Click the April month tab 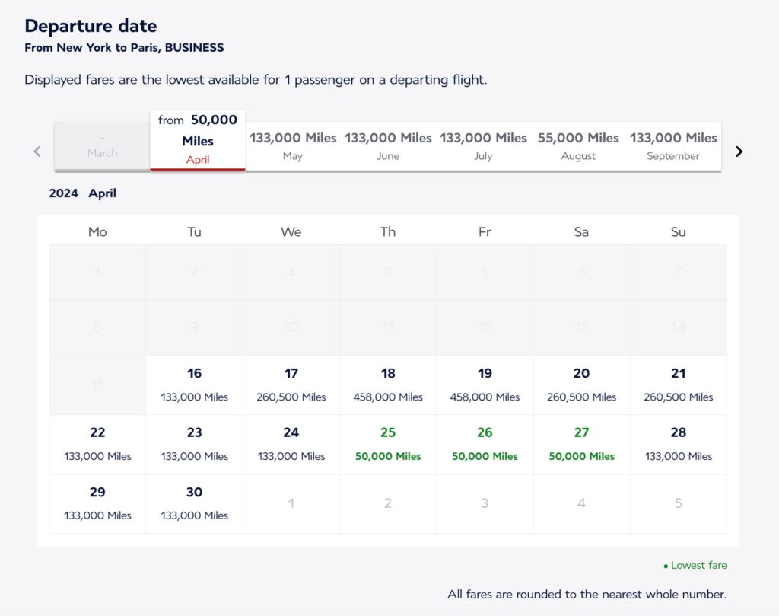(x=198, y=140)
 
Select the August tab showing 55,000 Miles (x=578, y=145)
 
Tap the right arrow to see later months (x=739, y=152)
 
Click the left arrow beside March (x=37, y=152)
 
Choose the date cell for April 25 (x=388, y=444)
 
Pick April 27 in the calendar (x=581, y=444)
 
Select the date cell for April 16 (x=195, y=385)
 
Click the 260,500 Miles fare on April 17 (x=291, y=397)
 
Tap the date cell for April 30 (x=195, y=503)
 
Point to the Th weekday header (x=388, y=231)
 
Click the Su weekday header (x=678, y=231)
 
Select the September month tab (x=673, y=145)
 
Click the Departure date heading (x=91, y=26)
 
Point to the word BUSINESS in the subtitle (x=195, y=48)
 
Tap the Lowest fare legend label (x=698, y=565)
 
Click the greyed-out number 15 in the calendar (x=97, y=385)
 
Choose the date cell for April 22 (x=97, y=444)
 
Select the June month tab (x=388, y=145)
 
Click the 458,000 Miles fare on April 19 (x=485, y=397)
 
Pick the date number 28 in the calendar (x=678, y=432)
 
